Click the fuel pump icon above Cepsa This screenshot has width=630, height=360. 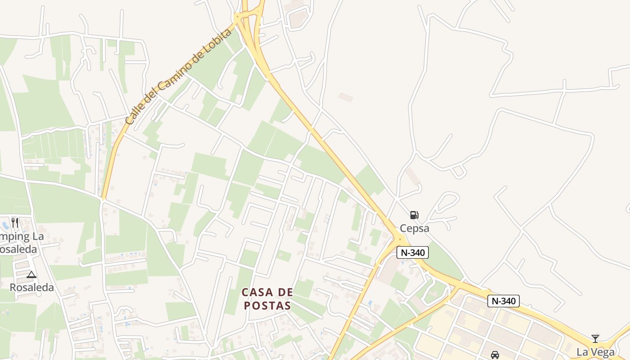[x=414, y=215]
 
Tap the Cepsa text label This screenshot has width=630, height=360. [x=414, y=228]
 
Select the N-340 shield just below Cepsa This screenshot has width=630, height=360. [x=413, y=252]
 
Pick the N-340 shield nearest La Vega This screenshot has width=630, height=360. [x=504, y=301]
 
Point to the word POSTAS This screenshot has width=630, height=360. [x=267, y=306]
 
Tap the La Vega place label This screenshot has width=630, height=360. [x=595, y=352]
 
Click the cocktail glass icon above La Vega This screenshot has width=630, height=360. [x=595, y=339]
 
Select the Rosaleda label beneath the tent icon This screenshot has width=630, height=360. [x=31, y=288]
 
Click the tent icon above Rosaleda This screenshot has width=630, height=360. [x=31, y=274]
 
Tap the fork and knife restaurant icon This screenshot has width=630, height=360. [x=15, y=222]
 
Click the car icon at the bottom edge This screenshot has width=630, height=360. [x=495, y=355]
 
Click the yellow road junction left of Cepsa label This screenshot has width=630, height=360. [x=399, y=239]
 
